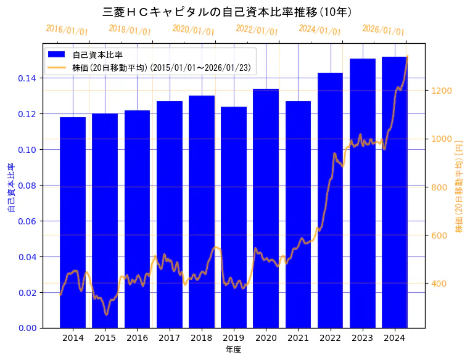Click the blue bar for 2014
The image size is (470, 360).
click(x=73, y=222)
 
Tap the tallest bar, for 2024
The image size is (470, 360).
click(x=395, y=192)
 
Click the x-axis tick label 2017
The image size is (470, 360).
click(x=169, y=338)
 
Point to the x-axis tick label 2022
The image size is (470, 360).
click(x=330, y=338)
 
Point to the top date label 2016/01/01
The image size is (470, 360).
click(x=67, y=30)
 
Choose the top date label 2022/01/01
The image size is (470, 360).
click(x=257, y=30)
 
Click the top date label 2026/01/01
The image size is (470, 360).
click(x=383, y=30)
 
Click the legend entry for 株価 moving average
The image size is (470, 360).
click(x=161, y=67)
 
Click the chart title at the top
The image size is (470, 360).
click(x=226, y=12)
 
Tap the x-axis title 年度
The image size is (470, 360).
click(x=233, y=350)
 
